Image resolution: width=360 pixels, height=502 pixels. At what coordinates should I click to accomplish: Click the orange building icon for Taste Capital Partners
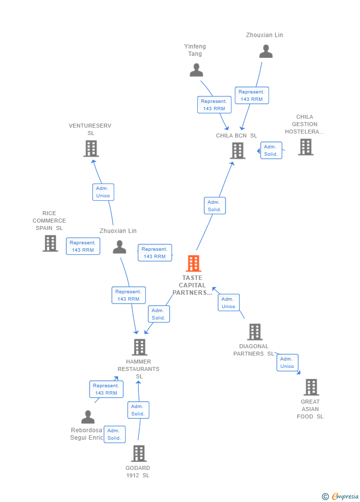tap(193, 264)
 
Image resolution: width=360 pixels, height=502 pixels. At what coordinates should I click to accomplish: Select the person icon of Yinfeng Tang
tap(196, 70)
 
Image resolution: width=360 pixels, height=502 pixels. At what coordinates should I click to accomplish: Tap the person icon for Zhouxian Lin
tap(266, 51)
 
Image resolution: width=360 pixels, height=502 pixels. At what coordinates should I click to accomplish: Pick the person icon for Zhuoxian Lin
tap(120, 247)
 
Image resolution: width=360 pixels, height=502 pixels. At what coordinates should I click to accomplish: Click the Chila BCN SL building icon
tap(238, 150)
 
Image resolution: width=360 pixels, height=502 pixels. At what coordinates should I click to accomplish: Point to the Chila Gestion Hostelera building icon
tap(306, 147)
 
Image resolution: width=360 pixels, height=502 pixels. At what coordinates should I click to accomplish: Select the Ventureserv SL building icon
tap(91, 148)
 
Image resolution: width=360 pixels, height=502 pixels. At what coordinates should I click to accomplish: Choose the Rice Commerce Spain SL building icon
tap(50, 243)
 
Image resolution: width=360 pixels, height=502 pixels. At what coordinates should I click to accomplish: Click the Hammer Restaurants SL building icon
tap(139, 347)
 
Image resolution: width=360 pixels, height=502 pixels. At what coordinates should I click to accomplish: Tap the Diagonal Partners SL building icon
tap(255, 332)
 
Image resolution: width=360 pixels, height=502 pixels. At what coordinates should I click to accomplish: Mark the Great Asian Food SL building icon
tap(311, 387)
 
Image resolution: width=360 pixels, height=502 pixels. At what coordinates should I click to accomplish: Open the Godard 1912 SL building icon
tap(139, 454)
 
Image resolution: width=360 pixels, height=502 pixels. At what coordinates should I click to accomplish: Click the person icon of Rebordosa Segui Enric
tap(88, 417)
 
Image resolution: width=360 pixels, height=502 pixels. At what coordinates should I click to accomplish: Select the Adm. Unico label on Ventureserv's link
tap(103, 192)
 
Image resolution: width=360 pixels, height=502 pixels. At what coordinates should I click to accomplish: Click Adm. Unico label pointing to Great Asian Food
tap(287, 363)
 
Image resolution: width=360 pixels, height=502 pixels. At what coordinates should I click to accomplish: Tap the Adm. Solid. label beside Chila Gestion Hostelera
tap(271, 150)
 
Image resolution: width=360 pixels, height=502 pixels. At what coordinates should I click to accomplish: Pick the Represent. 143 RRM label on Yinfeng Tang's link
tap(214, 105)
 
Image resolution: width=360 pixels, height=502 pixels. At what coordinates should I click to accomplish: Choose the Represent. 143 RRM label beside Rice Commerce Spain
tap(83, 246)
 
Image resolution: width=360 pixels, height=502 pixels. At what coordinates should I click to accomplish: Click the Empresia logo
tap(340, 496)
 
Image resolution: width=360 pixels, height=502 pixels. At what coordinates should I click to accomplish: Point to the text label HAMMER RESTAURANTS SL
tap(138, 369)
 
